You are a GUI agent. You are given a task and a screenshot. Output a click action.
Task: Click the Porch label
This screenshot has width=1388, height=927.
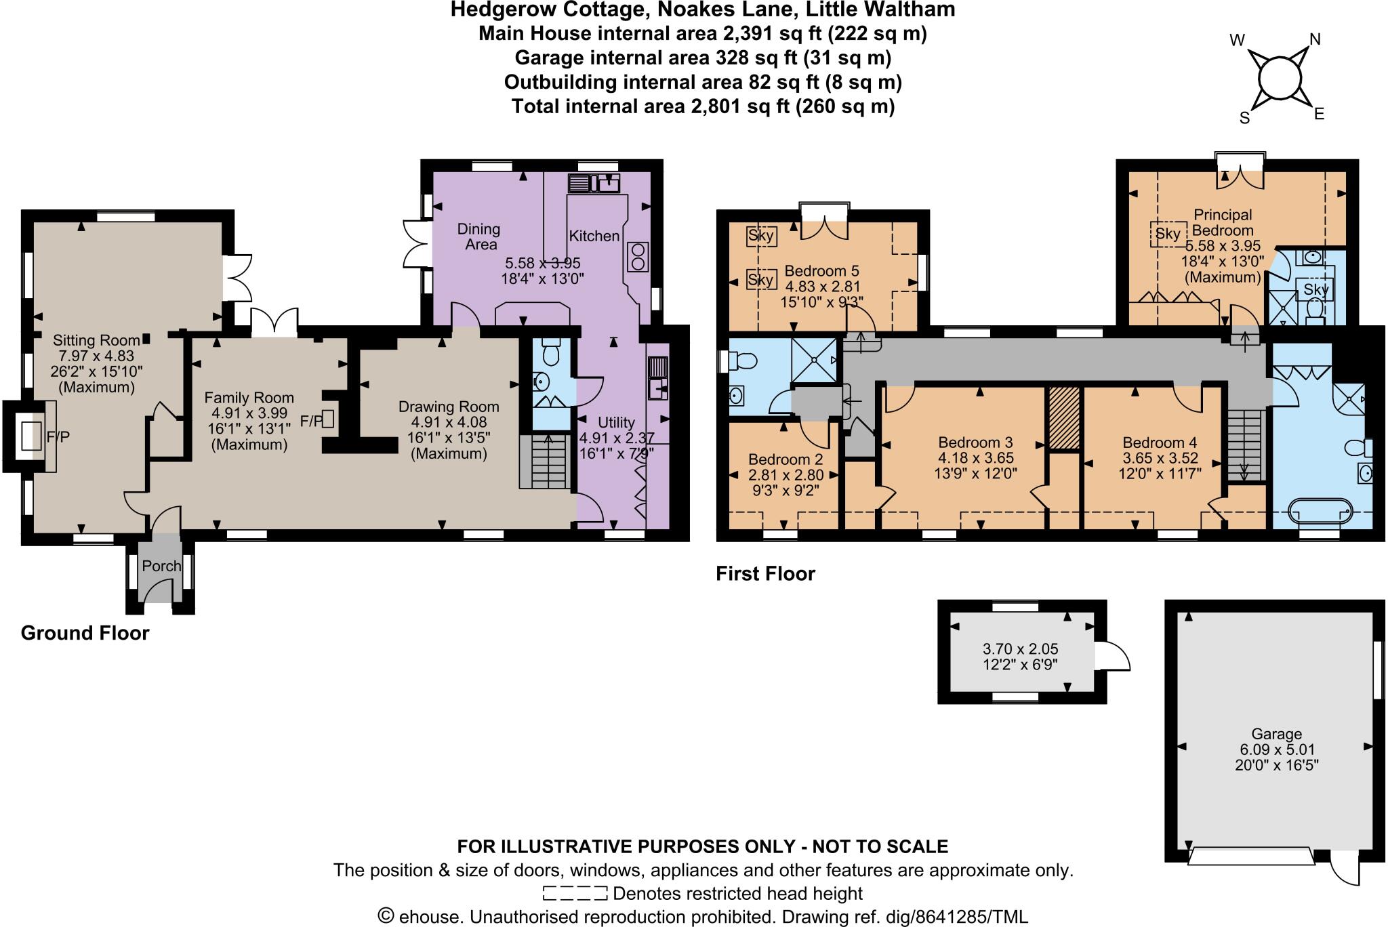point(161,566)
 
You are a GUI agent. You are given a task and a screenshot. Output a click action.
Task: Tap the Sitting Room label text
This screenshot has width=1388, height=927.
point(87,340)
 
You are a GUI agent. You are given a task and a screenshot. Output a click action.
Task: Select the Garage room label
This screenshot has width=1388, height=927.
point(1276,734)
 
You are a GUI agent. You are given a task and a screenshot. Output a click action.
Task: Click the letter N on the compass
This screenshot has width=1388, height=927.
point(1315,40)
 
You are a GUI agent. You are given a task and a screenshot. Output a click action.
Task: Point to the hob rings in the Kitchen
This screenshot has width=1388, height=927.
point(638,257)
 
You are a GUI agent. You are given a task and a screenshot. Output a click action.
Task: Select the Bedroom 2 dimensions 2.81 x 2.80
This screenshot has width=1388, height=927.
point(785,475)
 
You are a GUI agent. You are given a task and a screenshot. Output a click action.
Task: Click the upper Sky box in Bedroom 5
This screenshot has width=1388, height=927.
point(761,236)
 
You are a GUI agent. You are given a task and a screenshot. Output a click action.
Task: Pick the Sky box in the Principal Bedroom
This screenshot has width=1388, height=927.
point(1168,234)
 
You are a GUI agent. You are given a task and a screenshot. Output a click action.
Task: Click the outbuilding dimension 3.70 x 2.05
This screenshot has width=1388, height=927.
point(1020,649)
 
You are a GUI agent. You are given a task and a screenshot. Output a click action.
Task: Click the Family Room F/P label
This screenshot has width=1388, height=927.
point(312,421)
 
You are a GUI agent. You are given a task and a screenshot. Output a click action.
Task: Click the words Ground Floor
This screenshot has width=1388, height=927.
point(85,633)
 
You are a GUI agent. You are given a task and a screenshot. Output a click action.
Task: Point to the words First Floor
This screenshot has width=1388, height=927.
point(765,574)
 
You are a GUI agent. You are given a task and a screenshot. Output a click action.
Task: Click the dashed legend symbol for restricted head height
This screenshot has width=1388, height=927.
point(575,893)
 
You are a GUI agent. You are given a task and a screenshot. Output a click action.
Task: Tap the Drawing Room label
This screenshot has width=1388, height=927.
point(448,407)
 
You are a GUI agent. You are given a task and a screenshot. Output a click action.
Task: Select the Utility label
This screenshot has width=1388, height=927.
point(616,423)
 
